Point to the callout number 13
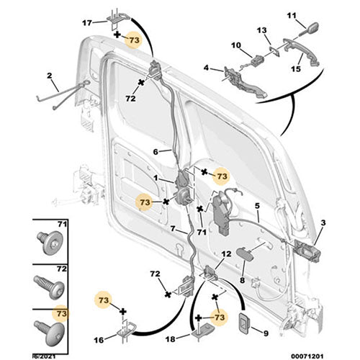pyautogui.click(x=262, y=30)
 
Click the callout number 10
pyautogui.click(x=236, y=46)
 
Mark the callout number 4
pyautogui.click(x=207, y=68)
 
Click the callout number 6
pyautogui.click(x=155, y=152)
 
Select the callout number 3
pyautogui.click(x=323, y=224)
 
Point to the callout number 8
pyautogui.click(x=243, y=281)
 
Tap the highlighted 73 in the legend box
pyautogui.click(x=62, y=313)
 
